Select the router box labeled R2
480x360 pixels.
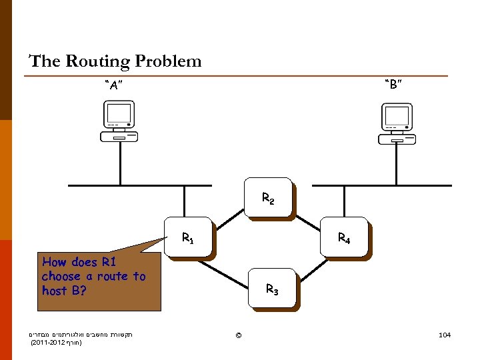coord(268,197)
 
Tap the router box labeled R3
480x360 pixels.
coord(271,289)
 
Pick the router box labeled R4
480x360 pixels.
coord(344,237)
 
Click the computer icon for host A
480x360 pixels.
coord(119,121)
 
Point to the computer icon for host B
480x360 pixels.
coord(396,124)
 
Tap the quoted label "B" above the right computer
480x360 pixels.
coord(392,85)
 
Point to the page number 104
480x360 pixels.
coord(445,334)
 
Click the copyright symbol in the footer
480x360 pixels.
coord(239,334)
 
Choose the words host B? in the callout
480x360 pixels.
coord(64,291)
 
